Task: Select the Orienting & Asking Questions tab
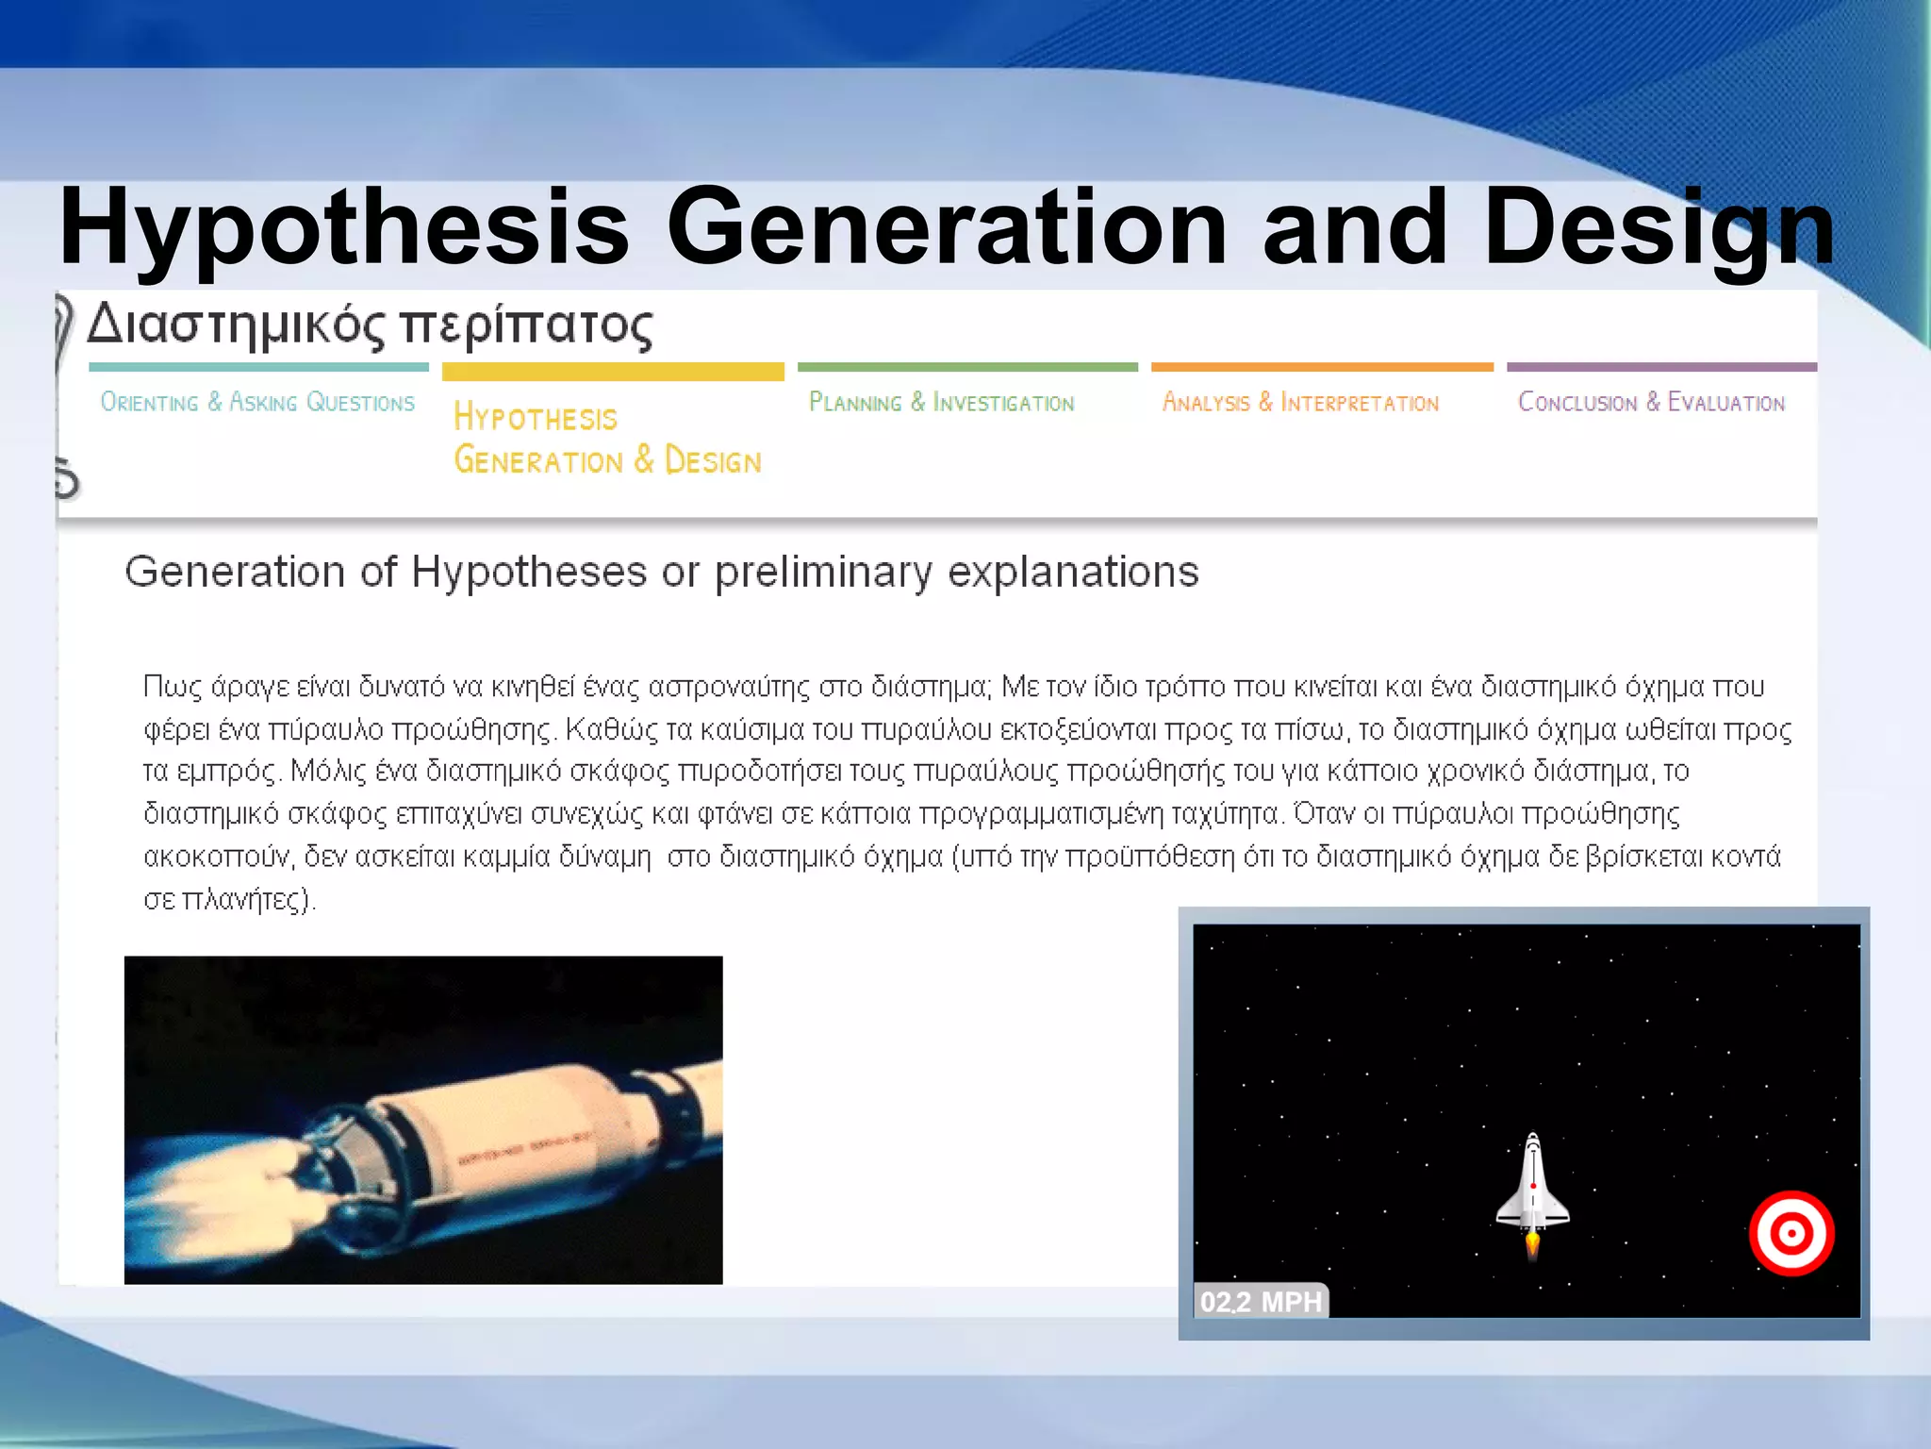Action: [257, 403]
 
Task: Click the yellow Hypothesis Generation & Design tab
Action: [607, 439]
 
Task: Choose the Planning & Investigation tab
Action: [941, 403]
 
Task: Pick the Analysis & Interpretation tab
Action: [1300, 403]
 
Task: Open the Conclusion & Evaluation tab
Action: [1651, 403]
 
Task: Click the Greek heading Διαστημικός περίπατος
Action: [370, 325]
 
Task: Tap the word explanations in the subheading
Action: [1073, 572]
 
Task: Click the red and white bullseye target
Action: [1791, 1233]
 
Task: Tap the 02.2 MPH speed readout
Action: [1261, 1302]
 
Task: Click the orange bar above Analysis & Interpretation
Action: [1322, 367]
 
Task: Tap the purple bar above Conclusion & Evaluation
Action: [1661, 367]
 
